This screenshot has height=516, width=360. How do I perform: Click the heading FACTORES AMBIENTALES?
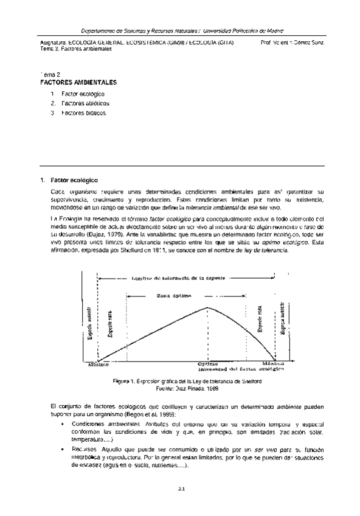(x=78, y=82)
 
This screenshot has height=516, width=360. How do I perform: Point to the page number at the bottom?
(x=181, y=488)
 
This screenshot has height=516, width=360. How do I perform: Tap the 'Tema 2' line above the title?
(x=50, y=74)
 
